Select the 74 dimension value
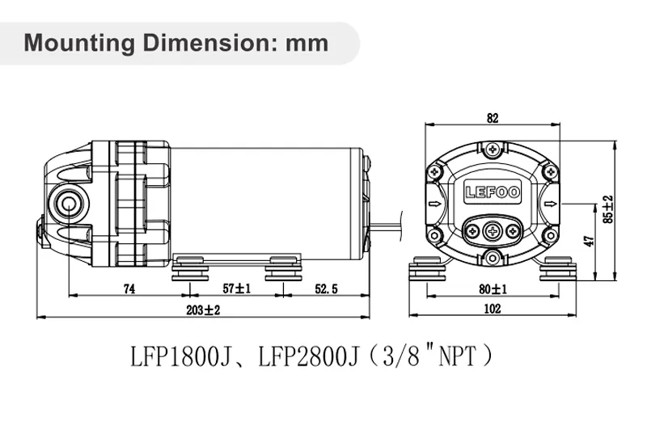click(128, 288)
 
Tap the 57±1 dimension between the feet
click(235, 288)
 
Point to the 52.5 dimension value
click(324, 288)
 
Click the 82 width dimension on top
click(493, 118)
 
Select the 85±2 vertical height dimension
click(608, 209)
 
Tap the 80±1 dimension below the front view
click(493, 289)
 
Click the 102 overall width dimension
click(493, 309)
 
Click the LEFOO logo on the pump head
click(492, 193)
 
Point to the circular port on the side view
click(69, 200)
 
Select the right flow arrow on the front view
click(551, 204)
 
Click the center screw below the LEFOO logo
click(493, 230)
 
